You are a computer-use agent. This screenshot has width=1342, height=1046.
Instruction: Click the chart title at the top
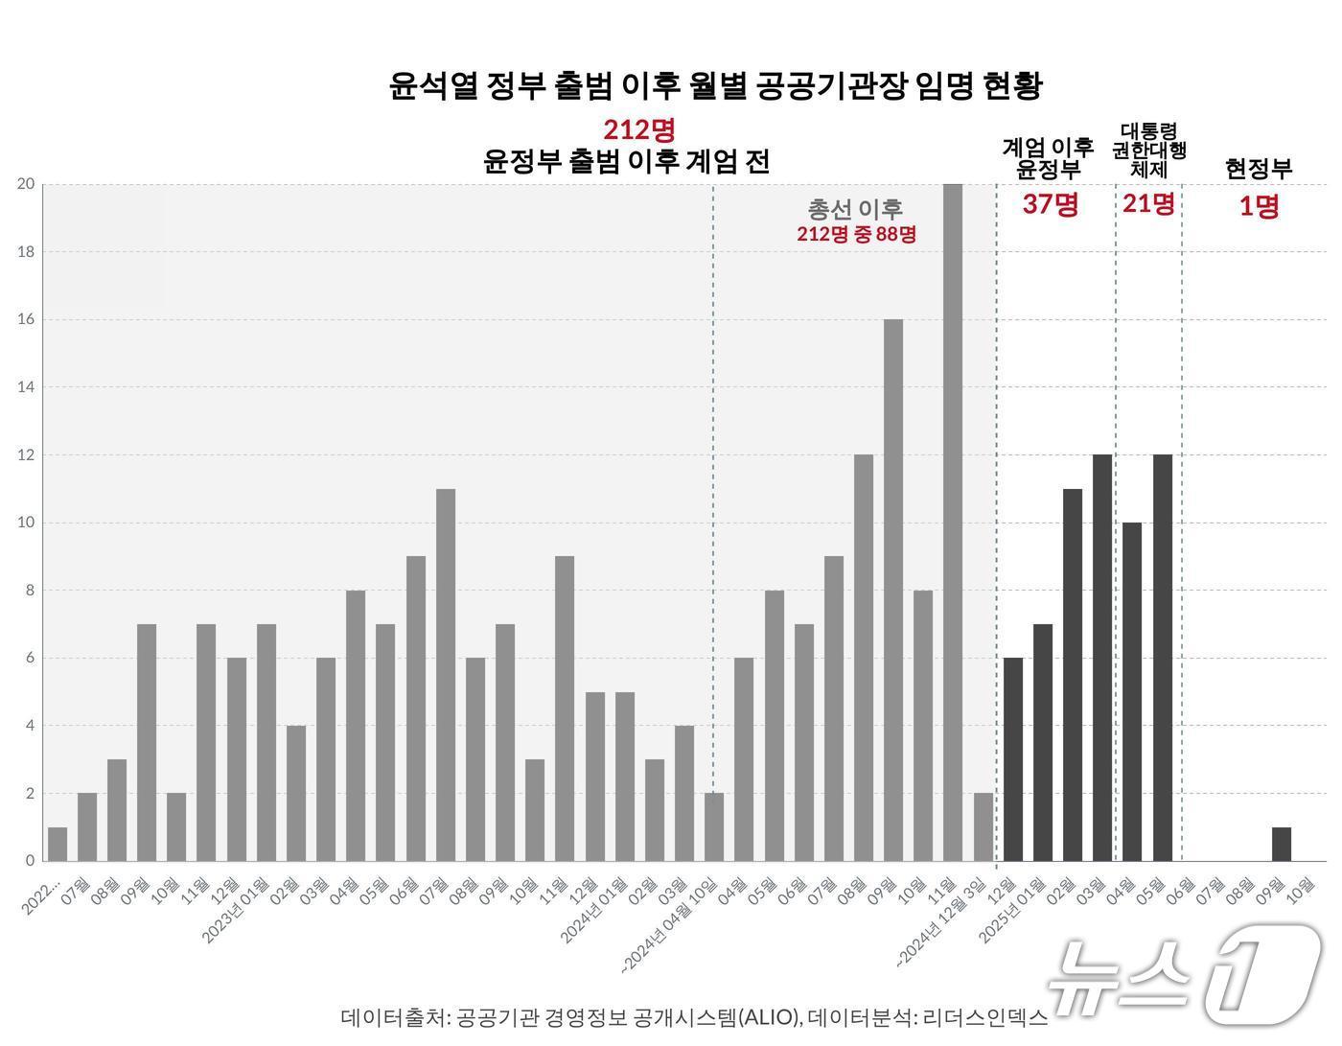(x=715, y=85)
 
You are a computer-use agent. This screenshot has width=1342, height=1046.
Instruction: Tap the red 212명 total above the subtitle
(x=639, y=129)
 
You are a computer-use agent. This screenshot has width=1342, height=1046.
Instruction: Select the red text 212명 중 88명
(x=856, y=234)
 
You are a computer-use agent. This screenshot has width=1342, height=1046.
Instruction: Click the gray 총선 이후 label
(x=855, y=209)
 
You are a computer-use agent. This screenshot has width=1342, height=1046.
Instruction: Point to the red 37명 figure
(x=1050, y=204)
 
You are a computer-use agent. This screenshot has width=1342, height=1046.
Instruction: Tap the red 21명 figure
(x=1148, y=203)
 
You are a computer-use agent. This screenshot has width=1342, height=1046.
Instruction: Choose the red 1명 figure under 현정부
(x=1259, y=206)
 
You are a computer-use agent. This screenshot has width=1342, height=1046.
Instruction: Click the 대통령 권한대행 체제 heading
(x=1148, y=151)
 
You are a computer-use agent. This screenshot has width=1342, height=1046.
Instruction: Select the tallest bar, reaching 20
(x=953, y=523)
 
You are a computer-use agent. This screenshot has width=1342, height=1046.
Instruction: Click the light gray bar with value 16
(x=893, y=590)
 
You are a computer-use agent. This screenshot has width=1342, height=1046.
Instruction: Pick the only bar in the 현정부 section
(x=1282, y=844)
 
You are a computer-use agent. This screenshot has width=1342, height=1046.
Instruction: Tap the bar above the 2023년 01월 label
(x=266, y=742)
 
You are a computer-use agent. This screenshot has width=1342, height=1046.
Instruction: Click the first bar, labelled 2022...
(x=58, y=844)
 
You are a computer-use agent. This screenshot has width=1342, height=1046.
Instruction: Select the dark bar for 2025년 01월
(x=1043, y=742)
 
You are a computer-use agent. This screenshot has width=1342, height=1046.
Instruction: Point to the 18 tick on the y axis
(x=26, y=252)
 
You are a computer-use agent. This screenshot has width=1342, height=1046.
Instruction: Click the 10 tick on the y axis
(x=26, y=523)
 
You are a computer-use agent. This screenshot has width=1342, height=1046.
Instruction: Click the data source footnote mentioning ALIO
(x=694, y=1017)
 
